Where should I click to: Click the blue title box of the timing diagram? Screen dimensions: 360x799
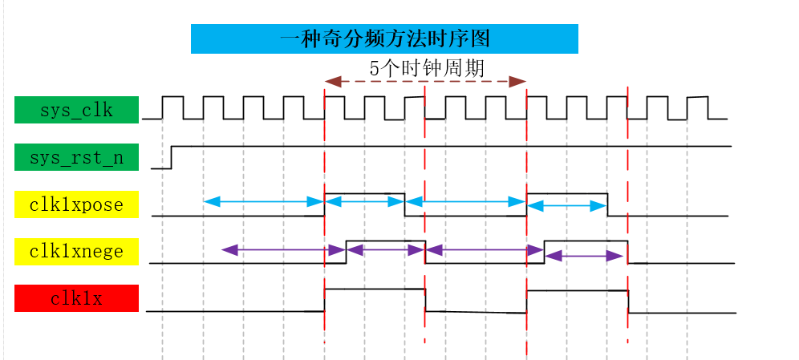383,38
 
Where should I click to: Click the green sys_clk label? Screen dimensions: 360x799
76,110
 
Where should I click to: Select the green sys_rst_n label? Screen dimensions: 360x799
76,157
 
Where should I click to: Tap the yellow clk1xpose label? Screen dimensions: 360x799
76,204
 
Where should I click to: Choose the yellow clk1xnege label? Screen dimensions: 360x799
76,251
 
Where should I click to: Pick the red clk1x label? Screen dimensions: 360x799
76,298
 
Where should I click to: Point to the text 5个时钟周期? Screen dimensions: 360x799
426,68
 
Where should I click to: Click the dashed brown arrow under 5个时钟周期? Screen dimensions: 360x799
425,81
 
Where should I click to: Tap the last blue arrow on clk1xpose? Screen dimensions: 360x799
567,206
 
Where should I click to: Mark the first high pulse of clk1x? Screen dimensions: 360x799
375,289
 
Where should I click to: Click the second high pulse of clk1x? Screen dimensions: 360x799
577,291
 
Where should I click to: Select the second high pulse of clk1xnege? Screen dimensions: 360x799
586,241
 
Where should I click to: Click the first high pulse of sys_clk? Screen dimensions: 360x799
172,98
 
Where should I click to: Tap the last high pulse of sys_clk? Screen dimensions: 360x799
697,98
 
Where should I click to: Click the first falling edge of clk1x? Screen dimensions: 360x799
425,299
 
